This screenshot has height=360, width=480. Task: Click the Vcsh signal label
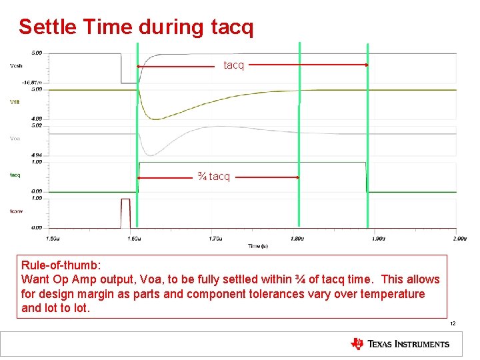click(16, 66)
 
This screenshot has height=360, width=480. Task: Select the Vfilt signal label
click(15, 103)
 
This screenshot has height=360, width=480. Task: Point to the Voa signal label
click(15, 139)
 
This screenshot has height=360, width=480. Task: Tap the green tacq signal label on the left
click(15, 175)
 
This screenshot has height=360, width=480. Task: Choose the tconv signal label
click(16, 212)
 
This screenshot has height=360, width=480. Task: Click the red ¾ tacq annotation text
click(213, 177)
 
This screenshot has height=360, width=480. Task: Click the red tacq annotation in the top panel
click(233, 65)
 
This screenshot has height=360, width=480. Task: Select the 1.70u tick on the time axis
click(215, 238)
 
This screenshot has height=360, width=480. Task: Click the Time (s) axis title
click(257, 245)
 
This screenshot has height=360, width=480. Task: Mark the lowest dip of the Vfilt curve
click(155, 119)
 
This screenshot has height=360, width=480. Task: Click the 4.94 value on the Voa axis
click(37, 155)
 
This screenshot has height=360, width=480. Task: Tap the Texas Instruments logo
click(400, 344)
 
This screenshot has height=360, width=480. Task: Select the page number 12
click(452, 323)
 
